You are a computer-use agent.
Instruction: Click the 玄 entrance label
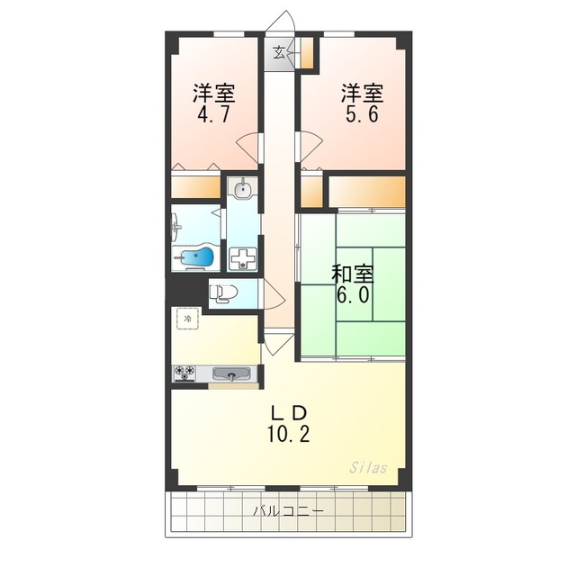tap(279, 51)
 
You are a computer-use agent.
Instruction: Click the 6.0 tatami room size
tap(354, 296)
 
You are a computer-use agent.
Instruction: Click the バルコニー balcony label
tap(288, 510)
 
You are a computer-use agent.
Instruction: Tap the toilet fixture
tap(222, 292)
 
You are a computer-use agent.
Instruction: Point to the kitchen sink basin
tap(233, 374)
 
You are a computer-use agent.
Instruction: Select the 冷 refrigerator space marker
tap(187, 319)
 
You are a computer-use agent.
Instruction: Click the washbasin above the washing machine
tap(242, 190)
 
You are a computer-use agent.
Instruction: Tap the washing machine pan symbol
tap(242, 258)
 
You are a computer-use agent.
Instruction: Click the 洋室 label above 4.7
tap(214, 92)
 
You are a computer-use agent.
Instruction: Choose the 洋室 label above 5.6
tap(362, 92)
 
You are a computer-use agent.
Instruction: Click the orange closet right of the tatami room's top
tap(366, 191)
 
